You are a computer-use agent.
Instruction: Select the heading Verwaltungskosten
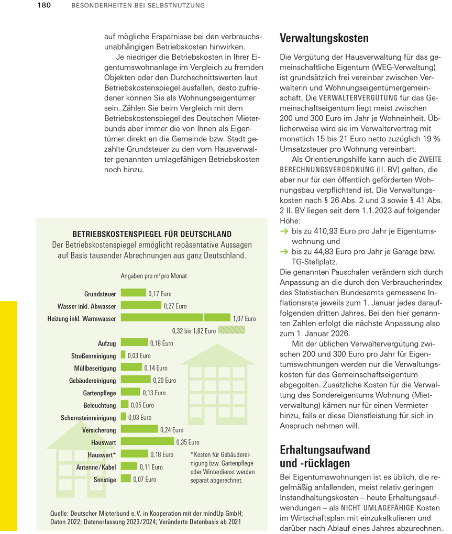click(324, 38)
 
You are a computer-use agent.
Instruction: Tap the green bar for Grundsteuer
click(134, 293)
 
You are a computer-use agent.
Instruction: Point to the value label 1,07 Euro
click(245, 318)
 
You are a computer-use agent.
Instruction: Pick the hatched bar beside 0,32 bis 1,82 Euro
click(231, 330)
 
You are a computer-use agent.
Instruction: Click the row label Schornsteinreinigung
click(89, 418)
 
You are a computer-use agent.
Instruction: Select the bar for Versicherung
click(139, 429)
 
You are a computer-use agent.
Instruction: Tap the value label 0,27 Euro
click(175, 306)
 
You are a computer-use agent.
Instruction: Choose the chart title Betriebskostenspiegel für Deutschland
click(151, 234)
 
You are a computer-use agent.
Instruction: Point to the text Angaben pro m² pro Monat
click(154, 275)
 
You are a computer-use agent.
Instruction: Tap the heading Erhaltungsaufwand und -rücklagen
click(325, 457)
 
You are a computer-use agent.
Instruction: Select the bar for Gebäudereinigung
click(136, 380)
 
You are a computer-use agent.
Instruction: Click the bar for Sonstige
click(126, 479)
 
